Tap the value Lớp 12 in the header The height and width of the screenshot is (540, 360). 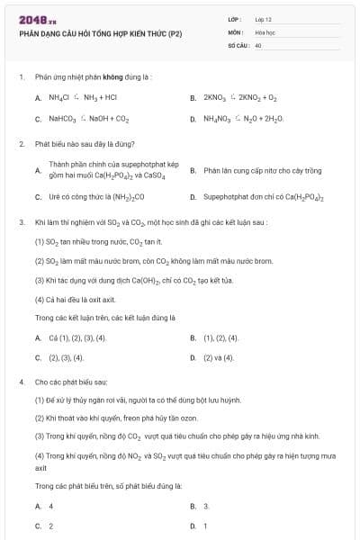[x=264, y=19]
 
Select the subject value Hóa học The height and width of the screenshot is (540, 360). [x=265, y=31]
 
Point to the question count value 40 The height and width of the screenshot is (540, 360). [x=258, y=43]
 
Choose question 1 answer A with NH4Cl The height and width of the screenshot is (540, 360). [x=76, y=96]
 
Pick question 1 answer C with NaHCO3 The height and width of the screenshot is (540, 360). [x=82, y=118]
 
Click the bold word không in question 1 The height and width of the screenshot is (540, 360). [x=113, y=77]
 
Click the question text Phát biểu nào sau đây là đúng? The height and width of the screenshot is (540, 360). [x=85, y=144]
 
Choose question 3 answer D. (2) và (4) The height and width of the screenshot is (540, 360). [x=219, y=357]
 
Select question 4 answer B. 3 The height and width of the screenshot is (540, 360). [x=206, y=506]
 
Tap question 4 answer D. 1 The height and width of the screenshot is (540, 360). [x=205, y=526]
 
